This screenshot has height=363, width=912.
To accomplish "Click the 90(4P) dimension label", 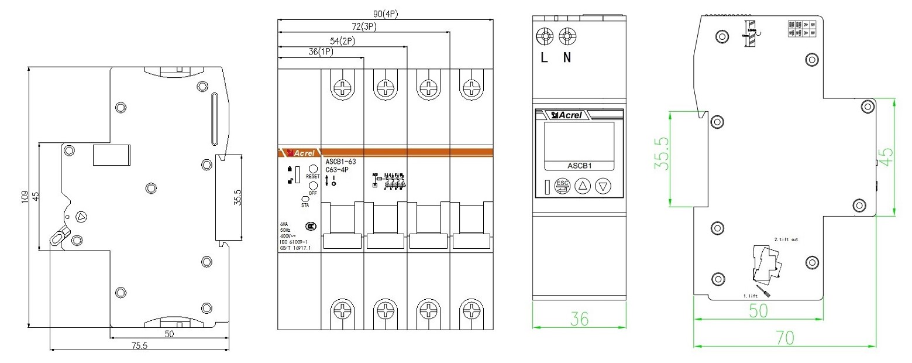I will tap(387, 13).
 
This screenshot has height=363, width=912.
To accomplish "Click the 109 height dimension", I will tap(24, 197).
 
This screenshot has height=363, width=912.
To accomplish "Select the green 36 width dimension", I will tap(580, 319).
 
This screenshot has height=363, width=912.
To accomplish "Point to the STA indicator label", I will tap(305, 206).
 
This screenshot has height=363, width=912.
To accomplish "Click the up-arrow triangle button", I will tap(583, 187).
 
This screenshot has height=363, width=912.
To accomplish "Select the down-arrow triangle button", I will tap(603, 187).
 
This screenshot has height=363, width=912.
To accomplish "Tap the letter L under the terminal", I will tap(545, 59).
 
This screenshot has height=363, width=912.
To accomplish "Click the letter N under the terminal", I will tap(566, 59).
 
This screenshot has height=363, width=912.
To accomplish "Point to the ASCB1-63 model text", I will tap(340, 162).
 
